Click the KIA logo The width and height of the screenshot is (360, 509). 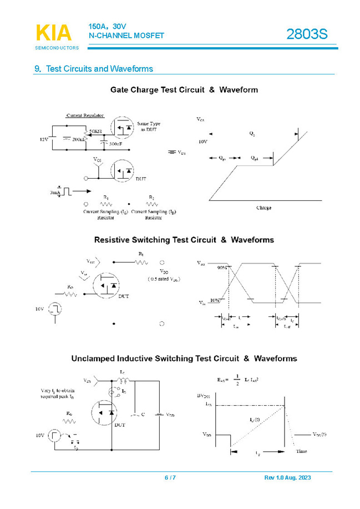click(x=54, y=33)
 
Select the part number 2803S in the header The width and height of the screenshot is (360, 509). click(x=307, y=34)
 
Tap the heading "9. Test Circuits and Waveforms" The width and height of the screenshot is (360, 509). click(x=94, y=69)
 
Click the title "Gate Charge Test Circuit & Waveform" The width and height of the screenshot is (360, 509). click(x=184, y=89)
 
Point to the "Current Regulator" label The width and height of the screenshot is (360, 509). click(x=85, y=115)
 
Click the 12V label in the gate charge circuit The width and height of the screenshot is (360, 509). click(x=44, y=139)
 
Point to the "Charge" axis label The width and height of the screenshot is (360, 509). click(x=263, y=208)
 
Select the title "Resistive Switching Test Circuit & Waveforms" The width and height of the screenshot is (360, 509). click(x=184, y=240)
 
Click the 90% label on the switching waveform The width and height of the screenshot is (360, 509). click(x=223, y=267)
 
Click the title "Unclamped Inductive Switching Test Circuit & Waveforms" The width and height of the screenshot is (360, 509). click(x=184, y=359)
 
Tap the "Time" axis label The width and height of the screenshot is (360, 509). click(x=301, y=451)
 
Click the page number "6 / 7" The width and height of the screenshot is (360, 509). click(x=170, y=478)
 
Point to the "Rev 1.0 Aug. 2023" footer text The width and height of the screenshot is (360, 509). click(x=287, y=478)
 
